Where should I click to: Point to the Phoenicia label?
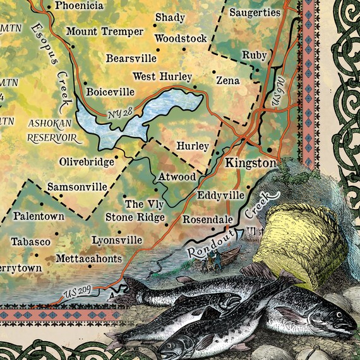pyautogui.click(x=79, y=6)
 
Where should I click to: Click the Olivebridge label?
pyautogui.click(x=87, y=162)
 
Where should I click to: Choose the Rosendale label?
pyautogui.click(x=208, y=220)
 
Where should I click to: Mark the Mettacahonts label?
pyautogui.click(x=88, y=258)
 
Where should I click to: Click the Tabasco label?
pyautogui.click(x=30, y=242)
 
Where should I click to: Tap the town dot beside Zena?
pyautogui.click(x=214, y=71)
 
